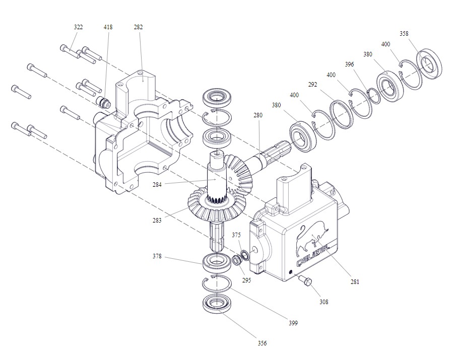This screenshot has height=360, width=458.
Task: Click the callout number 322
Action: coord(78,27)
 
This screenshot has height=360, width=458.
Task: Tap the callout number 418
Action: coord(108,27)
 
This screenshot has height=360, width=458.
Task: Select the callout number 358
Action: coord(404,34)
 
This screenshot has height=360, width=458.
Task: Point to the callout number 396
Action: coord(350,64)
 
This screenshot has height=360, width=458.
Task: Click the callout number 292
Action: coord(313,85)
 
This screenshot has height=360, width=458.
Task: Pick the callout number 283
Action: coord(158,221)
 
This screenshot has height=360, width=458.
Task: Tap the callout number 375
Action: coord(236,235)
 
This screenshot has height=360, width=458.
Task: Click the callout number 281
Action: coord(355,282)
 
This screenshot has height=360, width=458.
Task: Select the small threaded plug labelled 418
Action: coord(104,103)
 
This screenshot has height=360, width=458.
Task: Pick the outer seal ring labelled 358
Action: coord(429,63)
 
